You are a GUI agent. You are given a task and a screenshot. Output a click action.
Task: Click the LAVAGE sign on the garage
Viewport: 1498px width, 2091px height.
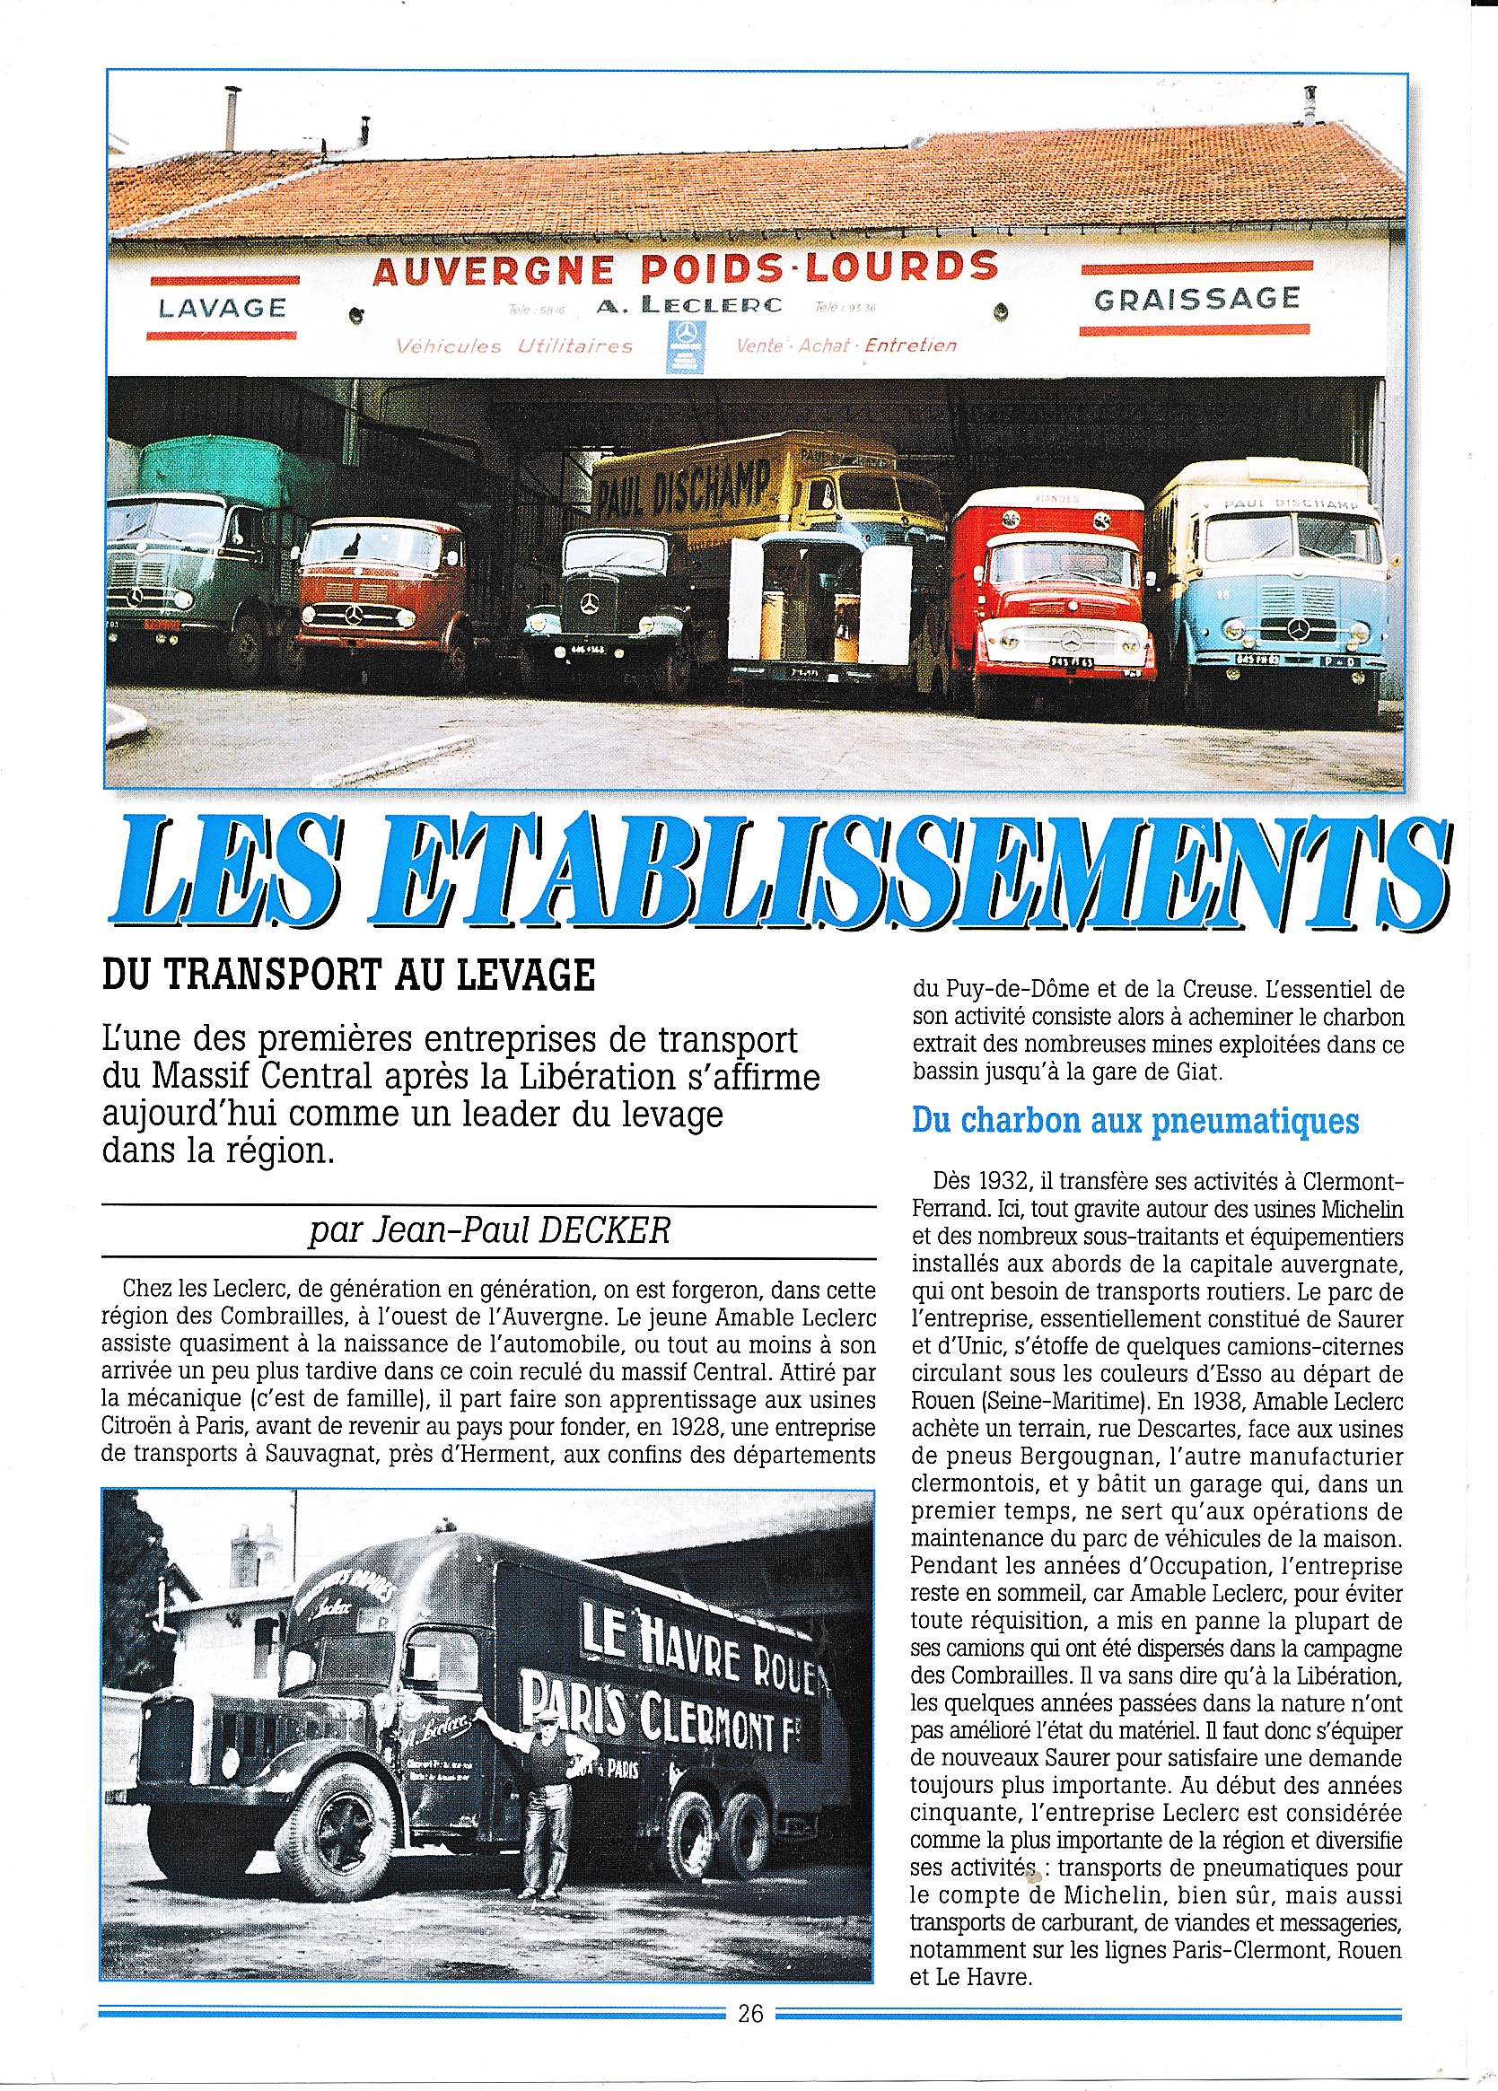click(223, 307)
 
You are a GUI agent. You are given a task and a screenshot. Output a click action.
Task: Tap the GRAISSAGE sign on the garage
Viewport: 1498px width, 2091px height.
click(1196, 299)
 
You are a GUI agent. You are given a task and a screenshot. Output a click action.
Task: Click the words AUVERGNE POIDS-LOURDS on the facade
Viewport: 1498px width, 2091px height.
click(685, 268)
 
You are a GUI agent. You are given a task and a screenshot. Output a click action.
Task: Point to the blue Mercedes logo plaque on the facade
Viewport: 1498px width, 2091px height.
click(685, 346)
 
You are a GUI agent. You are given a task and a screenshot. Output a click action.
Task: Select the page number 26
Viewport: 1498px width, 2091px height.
click(750, 2014)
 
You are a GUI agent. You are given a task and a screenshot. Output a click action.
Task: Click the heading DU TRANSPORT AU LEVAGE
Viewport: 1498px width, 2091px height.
click(348, 976)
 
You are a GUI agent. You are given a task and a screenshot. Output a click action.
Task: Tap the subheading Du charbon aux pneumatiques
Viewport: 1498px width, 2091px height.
click(1134, 1121)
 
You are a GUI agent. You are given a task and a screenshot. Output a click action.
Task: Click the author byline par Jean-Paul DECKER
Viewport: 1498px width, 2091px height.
click(489, 1230)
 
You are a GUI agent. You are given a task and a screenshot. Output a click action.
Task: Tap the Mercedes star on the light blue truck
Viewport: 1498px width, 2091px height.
click(1299, 630)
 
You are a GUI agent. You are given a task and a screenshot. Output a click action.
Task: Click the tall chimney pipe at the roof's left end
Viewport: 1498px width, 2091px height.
click(232, 117)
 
